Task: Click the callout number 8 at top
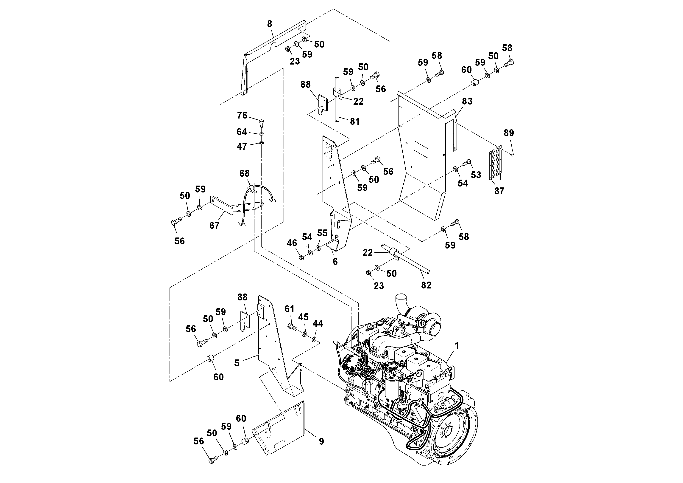(x=270, y=24)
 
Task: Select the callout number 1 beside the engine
(x=457, y=345)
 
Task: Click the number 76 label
(x=242, y=115)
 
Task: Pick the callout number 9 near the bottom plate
(x=321, y=441)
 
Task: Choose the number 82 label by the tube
(x=426, y=285)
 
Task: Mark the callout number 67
(x=214, y=225)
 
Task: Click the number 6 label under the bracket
(x=335, y=261)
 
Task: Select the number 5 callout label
(x=237, y=363)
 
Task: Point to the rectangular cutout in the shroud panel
(x=421, y=149)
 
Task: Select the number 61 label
(x=290, y=309)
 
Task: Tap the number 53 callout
(x=476, y=175)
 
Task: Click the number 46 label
(x=292, y=243)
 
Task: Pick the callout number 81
(x=355, y=121)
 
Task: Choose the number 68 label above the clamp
(x=245, y=173)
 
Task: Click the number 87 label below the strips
(x=499, y=191)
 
